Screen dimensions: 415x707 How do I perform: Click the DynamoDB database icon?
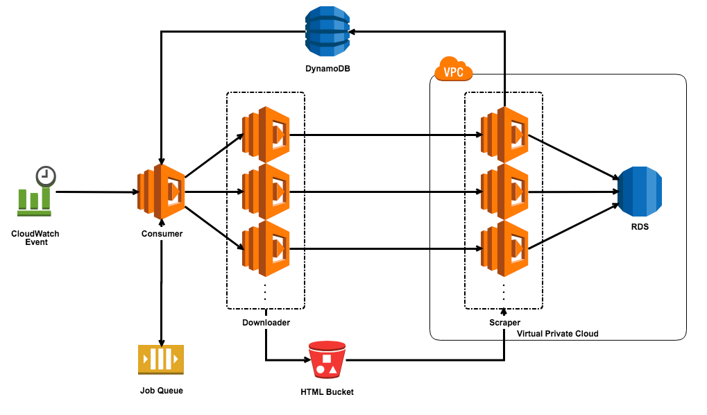click(x=327, y=31)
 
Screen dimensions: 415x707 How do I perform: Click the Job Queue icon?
click(x=161, y=359)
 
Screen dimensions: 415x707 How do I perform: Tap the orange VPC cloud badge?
click(x=453, y=71)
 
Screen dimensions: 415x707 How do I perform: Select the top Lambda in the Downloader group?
click(x=265, y=135)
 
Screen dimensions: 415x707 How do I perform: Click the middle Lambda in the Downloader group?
click(x=265, y=192)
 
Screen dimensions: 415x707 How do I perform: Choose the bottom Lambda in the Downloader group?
click(x=265, y=249)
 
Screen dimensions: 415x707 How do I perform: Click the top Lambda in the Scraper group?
click(x=504, y=135)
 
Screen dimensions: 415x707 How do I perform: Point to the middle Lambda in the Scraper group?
click(x=504, y=192)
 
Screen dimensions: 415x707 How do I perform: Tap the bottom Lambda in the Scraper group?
click(x=504, y=249)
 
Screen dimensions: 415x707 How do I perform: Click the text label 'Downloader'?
click(x=266, y=323)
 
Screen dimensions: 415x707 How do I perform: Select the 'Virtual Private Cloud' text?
click(x=557, y=334)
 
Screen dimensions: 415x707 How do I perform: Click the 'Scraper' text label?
click(x=504, y=323)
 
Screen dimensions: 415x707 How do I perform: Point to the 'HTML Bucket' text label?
click(x=327, y=392)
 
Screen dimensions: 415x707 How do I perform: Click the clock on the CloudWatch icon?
click(x=46, y=175)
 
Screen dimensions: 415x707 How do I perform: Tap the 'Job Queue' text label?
click(x=162, y=391)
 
